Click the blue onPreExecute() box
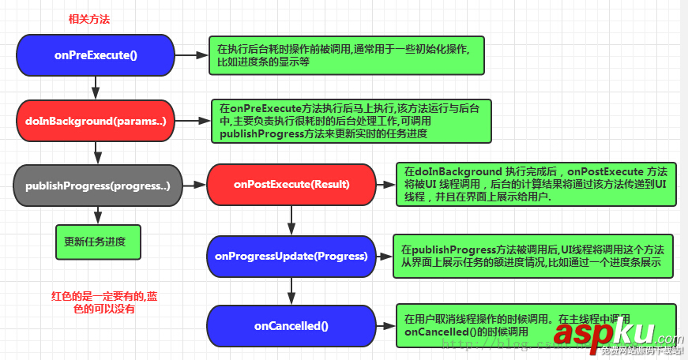pos(96,55)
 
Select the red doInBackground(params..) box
pos(95,121)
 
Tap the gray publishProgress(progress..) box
pos(98,185)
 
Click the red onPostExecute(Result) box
pos(291,185)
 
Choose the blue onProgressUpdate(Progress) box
pos(291,256)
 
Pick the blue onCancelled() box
pos(291,325)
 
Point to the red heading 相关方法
pos(88,19)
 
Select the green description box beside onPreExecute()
pos(347,55)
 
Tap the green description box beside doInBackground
pos(351,121)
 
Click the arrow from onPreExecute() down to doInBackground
pos(95,88)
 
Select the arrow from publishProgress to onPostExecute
pos(194,186)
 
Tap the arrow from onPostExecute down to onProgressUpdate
pos(291,220)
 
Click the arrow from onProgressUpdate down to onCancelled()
pos(291,291)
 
